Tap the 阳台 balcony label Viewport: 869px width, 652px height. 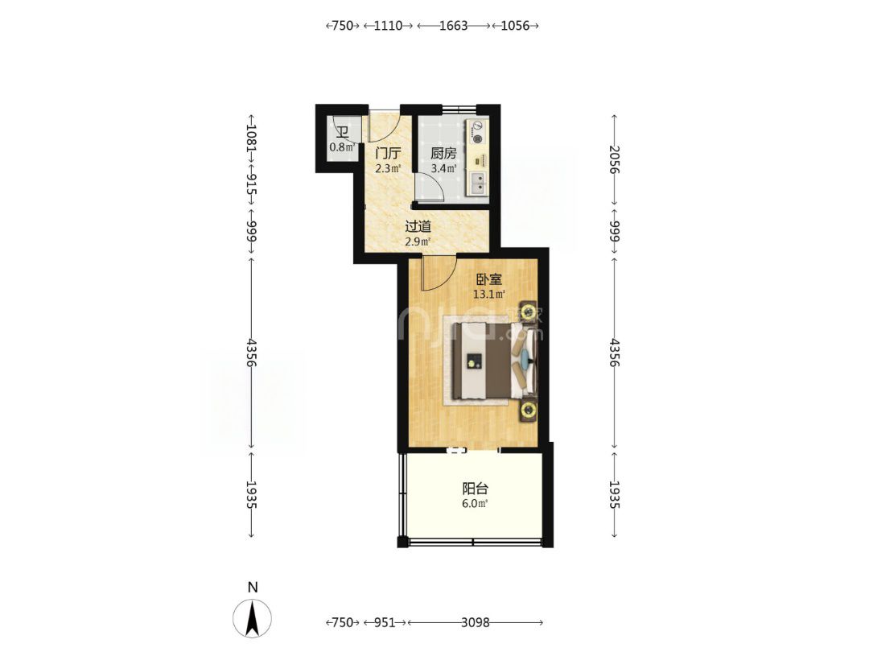[x=475, y=489]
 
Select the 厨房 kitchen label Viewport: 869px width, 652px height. [x=443, y=154]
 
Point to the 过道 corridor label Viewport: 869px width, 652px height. [x=418, y=226]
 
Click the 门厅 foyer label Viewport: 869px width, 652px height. [x=388, y=154]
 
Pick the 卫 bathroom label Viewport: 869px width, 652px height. [x=342, y=132]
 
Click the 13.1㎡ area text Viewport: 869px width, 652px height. [x=488, y=295]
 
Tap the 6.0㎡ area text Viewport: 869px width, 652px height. [x=475, y=503]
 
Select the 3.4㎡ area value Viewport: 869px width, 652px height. [x=443, y=168]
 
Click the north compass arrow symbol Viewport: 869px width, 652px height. [x=253, y=619]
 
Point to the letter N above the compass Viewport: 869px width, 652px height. [x=253, y=588]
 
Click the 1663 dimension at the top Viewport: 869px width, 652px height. [x=453, y=26]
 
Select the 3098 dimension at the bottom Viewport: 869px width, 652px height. [x=475, y=622]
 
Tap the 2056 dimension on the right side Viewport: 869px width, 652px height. [x=613, y=159]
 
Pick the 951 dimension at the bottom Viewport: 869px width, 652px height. [x=384, y=622]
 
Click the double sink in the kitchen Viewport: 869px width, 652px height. [x=478, y=184]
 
